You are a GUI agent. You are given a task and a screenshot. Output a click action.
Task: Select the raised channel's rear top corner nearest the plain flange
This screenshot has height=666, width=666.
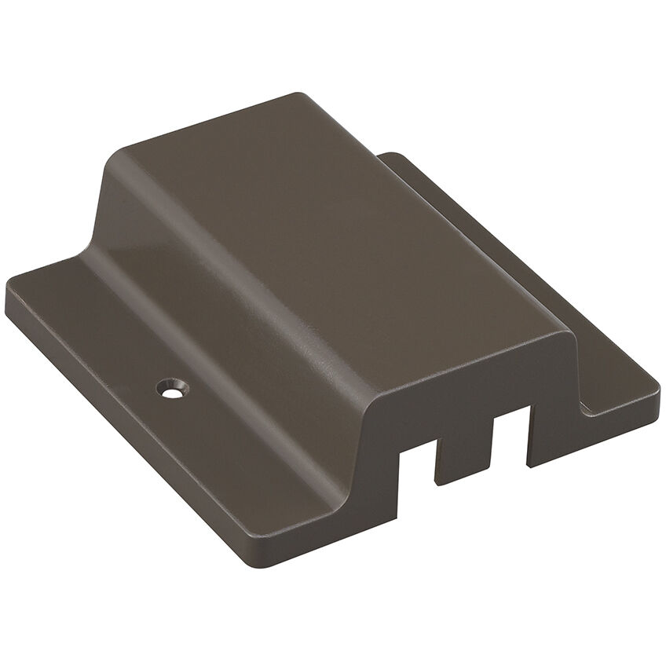pos(297,96)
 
